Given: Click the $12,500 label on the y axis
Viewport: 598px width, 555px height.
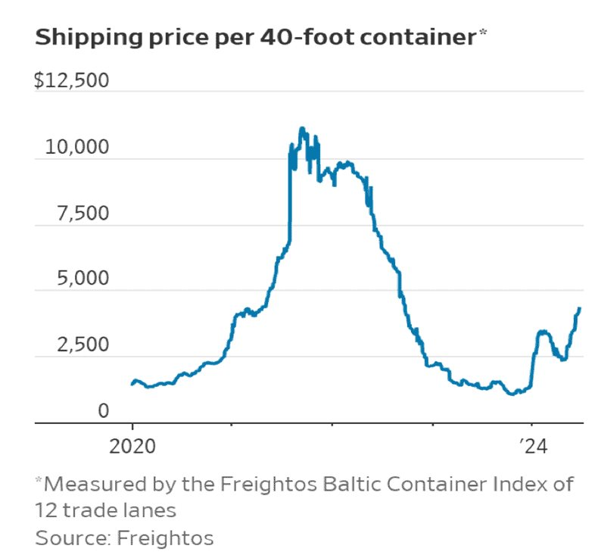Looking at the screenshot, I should tap(73, 81).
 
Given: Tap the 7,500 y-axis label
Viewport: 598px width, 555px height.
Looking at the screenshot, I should tap(83, 214).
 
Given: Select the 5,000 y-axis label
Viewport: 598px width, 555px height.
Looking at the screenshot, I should tap(83, 279).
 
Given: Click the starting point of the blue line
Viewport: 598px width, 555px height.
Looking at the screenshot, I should tap(132, 385).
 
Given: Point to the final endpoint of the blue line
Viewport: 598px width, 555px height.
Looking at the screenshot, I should tap(580, 308).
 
